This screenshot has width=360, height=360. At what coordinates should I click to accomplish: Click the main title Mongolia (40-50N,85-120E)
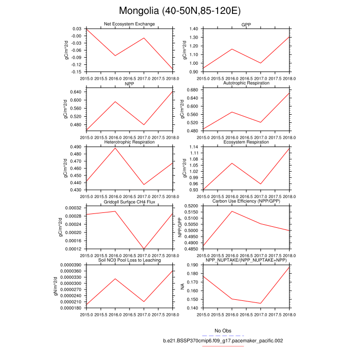point(180,10)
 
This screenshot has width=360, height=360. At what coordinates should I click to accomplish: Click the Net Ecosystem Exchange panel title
point(129,24)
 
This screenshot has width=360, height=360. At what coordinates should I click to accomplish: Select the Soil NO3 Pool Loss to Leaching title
point(129,260)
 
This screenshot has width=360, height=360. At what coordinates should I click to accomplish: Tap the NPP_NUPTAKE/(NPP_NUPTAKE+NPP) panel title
point(246,260)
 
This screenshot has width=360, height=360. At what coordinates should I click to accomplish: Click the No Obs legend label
point(224,330)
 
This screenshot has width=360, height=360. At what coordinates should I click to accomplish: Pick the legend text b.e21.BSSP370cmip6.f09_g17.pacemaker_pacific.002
point(223,340)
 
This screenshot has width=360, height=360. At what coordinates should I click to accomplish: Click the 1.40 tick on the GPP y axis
point(193,29)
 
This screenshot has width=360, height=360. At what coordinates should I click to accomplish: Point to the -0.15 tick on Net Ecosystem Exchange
point(76,71)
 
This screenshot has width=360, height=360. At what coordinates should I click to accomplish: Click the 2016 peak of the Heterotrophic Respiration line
point(115,148)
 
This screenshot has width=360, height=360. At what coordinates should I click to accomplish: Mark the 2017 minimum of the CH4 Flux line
point(143,249)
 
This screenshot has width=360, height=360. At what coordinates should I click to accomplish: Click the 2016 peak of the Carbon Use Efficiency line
point(232,211)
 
